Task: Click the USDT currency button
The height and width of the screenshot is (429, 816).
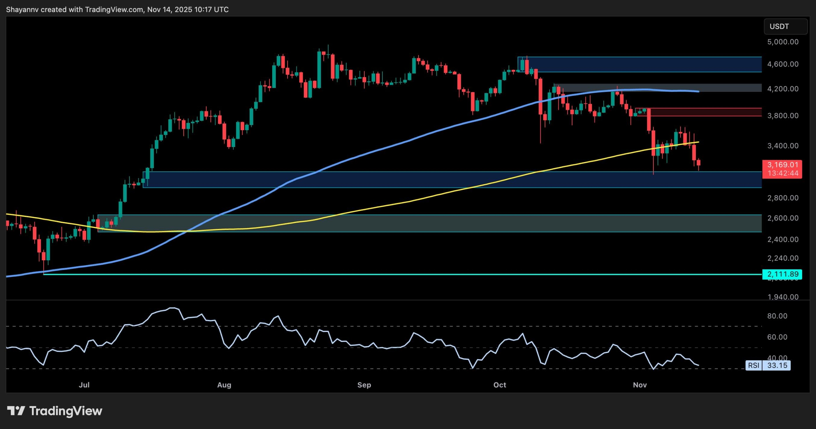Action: pyautogui.click(x=785, y=26)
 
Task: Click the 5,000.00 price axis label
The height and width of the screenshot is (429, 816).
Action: pyautogui.click(x=783, y=42)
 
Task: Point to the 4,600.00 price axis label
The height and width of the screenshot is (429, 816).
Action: pyautogui.click(x=783, y=64)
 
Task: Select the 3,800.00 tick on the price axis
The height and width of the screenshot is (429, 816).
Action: pyautogui.click(x=783, y=115)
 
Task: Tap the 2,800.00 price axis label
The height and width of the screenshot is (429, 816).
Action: pyautogui.click(x=783, y=198)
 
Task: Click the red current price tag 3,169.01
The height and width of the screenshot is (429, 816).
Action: pyautogui.click(x=782, y=165)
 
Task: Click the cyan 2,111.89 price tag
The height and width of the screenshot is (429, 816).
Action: pyautogui.click(x=782, y=274)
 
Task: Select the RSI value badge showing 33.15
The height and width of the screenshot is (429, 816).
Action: pyautogui.click(x=777, y=366)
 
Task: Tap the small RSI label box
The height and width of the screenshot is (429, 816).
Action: pyautogui.click(x=754, y=366)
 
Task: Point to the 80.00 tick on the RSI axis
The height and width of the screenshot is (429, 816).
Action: pyautogui.click(x=777, y=316)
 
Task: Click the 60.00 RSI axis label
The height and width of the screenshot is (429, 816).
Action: pyautogui.click(x=777, y=337)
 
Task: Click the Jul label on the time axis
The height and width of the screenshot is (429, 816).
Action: pyautogui.click(x=84, y=385)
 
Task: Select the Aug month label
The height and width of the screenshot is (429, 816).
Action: pyautogui.click(x=224, y=385)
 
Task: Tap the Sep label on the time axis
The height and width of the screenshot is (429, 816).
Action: pyautogui.click(x=364, y=385)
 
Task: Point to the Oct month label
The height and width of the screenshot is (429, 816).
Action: pyautogui.click(x=499, y=385)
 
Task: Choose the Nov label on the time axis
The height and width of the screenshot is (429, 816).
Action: pyautogui.click(x=640, y=385)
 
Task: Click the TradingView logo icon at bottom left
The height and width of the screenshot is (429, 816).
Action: pyautogui.click(x=16, y=411)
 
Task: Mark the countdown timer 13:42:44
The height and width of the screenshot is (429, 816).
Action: pyautogui.click(x=783, y=174)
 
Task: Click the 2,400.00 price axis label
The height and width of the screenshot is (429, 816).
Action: pyautogui.click(x=783, y=240)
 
